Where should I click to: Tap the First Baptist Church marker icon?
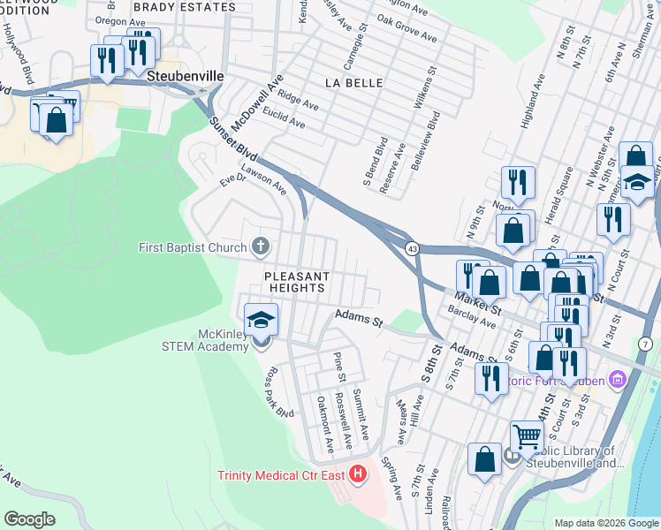coord(261,246)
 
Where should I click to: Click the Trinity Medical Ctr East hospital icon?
coord(358,475)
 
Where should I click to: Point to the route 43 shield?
coord(412,249)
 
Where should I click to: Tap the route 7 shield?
coord(646,343)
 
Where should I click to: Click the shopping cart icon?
coord(526,435)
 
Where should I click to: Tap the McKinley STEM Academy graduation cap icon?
coord(262,319)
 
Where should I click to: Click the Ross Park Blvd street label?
coord(279,392)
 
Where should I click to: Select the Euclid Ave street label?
coord(284,120)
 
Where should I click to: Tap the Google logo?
coord(29,519)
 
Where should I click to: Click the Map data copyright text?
coord(605,523)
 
